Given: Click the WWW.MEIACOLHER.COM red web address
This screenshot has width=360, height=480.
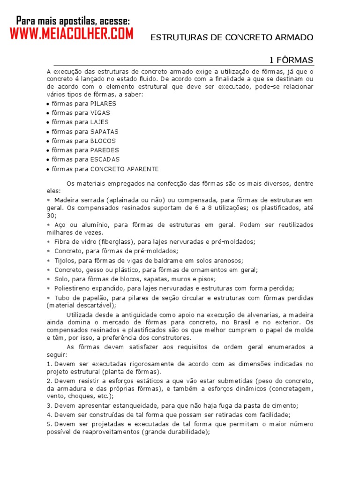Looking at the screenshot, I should coord(71,34).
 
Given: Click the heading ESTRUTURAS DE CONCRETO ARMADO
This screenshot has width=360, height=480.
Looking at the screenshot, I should coord(232,37).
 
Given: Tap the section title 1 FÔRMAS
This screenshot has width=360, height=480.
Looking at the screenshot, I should coord(291,60).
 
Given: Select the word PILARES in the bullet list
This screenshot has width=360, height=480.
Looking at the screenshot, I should coord(103,103).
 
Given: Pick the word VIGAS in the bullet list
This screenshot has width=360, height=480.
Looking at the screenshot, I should coord(101,112).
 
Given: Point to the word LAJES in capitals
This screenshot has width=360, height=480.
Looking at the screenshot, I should coord(100,122).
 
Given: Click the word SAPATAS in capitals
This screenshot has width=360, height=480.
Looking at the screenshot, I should coord(105,131).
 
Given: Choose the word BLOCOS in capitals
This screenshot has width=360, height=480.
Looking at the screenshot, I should coord(103,141).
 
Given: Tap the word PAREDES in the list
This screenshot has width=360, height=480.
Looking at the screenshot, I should coord(105,150).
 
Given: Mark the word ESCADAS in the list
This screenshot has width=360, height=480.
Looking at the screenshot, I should coord(105,159).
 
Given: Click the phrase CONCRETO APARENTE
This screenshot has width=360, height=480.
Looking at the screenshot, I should coord(125,169).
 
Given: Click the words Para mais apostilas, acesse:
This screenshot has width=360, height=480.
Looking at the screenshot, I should coord(73,21).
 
